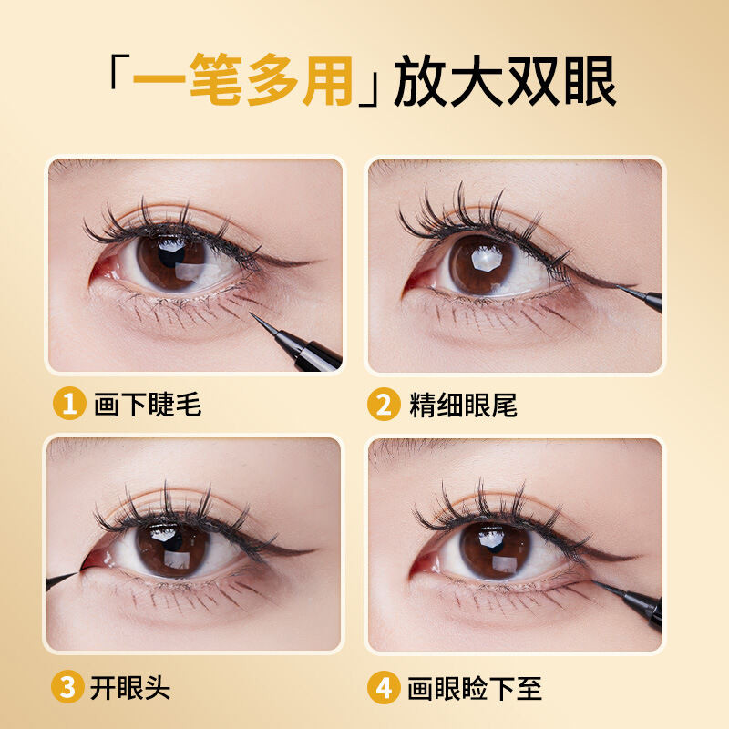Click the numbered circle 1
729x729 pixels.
point(69,403)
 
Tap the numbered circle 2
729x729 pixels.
point(384,404)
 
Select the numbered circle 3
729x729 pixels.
point(67,687)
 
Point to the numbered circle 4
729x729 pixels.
point(384,688)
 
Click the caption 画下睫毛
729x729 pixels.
point(148,404)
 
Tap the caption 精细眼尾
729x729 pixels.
point(463,405)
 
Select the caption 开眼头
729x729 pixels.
point(130,688)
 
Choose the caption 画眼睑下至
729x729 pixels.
point(475,688)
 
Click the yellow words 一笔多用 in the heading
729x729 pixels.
point(242,80)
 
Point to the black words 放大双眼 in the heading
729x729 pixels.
point(506,81)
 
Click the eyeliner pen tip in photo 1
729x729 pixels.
point(252,313)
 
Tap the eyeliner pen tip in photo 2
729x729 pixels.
point(618,286)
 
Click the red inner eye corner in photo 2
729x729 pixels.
point(416,280)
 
